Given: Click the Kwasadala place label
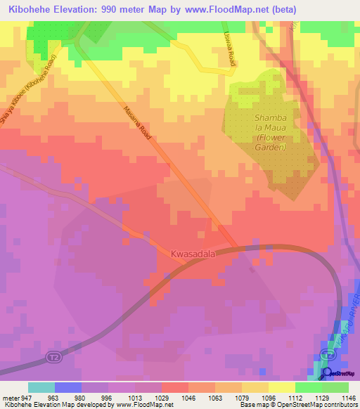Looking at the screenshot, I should click(193, 252).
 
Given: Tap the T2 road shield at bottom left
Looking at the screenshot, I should click(53, 357).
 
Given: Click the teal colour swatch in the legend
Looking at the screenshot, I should click(41, 387).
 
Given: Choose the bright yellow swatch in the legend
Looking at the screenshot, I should click(282, 387).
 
